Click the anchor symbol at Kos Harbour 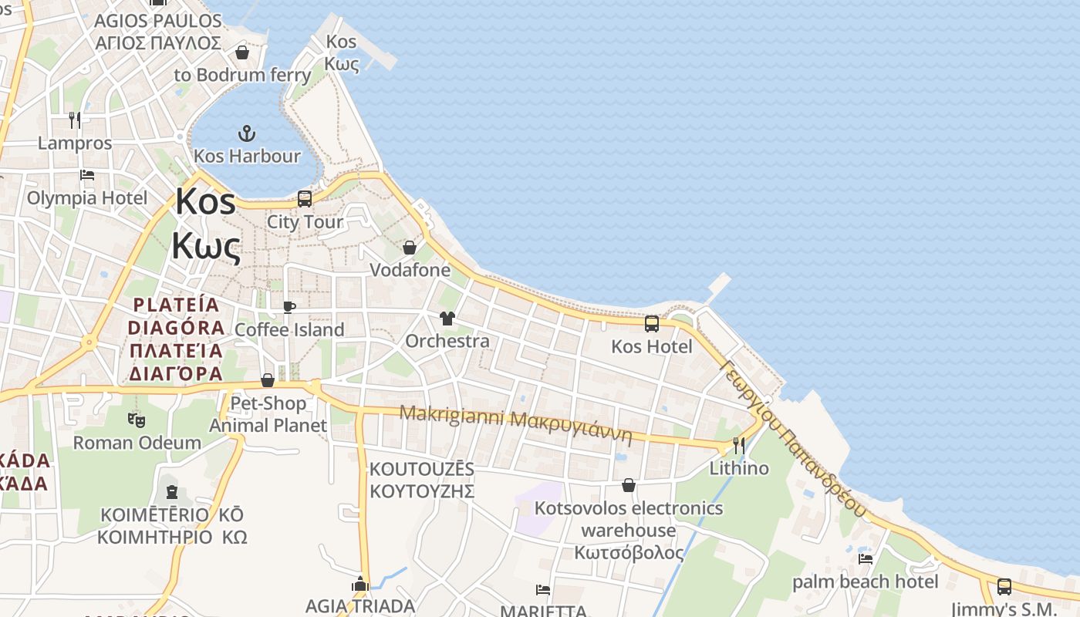[x=246, y=133]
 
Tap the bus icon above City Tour [x=305, y=199]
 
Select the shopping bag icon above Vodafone [x=410, y=248]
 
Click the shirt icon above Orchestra [x=447, y=319]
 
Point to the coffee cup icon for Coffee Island [x=289, y=307]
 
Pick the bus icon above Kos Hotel [x=652, y=324]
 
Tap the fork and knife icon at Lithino [x=739, y=445]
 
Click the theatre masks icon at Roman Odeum [x=137, y=420]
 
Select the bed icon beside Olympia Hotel [x=87, y=175]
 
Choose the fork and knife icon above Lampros [x=75, y=120]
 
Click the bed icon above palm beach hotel [x=866, y=558]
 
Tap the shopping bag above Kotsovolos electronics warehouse [x=629, y=485]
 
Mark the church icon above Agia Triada [x=360, y=584]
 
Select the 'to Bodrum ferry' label [x=242, y=75]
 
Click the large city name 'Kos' [x=205, y=202]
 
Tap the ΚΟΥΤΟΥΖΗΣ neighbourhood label [x=421, y=491]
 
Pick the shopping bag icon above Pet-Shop [x=268, y=380]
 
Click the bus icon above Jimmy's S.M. [x=1004, y=586]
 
